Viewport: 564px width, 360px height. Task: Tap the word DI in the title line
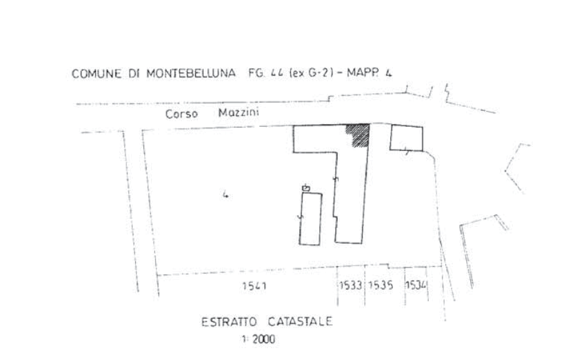tap(135, 74)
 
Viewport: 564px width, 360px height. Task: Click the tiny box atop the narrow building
tap(306, 187)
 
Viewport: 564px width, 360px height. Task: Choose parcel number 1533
tap(352, 285)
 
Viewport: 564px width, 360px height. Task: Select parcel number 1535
tap(381, 285)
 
